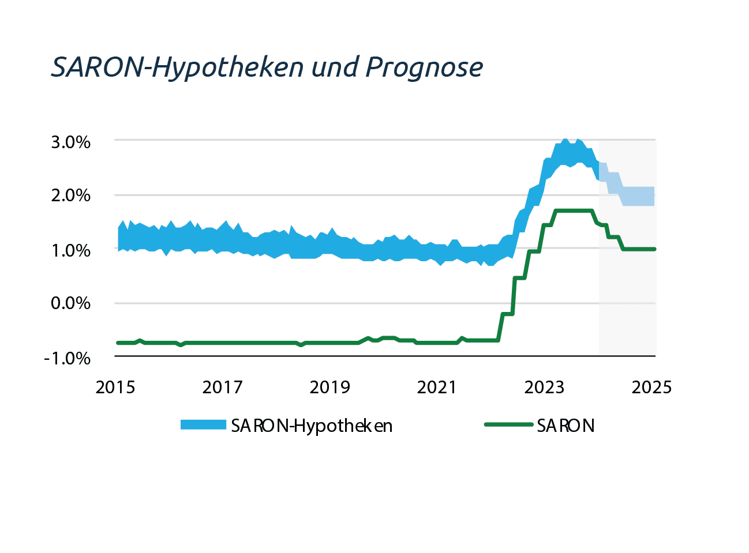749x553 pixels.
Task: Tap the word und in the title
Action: click(334, 66)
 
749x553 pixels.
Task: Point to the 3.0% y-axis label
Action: click(70, 142)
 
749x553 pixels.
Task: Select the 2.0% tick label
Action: click(70, 195)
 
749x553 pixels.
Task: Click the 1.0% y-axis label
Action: click(71, 250)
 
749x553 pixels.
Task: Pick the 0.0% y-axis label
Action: click(70, 303)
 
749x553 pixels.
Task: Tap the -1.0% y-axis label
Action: click(67, 358)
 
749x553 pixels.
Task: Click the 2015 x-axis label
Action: click(115, 387)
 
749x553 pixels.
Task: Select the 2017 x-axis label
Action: click(222, 387)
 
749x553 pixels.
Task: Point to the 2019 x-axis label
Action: click(329, 387)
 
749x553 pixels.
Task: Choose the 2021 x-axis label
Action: click(437, 387)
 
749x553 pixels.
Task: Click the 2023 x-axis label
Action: click(544, 387)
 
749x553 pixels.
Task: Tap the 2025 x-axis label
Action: click(651, 387)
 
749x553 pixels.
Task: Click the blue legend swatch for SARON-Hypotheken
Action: click(203, 424)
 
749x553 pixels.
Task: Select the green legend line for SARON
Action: click(508, 424)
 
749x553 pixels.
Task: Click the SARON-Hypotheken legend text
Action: click(312, 426)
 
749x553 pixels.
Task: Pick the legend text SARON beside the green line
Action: click(566, 426)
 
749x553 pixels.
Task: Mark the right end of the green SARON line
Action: click(654, 249)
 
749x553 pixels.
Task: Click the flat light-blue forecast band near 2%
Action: click(638, 196)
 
